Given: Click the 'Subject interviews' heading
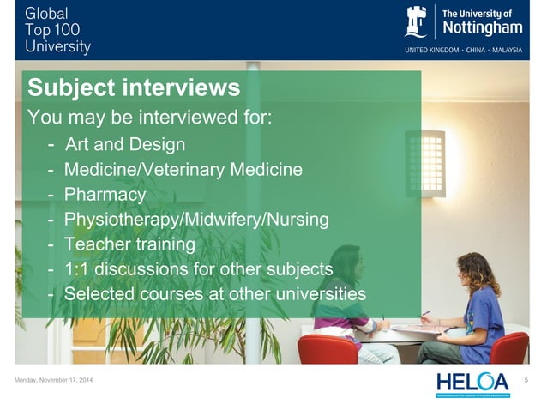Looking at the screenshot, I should pos(133,88).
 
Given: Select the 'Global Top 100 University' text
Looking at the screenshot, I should pos(59,30).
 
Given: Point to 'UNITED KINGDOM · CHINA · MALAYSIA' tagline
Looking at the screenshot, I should pos(474,50).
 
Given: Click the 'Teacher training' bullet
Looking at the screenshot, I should pos(129,244).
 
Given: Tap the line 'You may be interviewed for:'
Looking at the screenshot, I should pos(151,117).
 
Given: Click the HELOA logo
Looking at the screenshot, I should pos(472,383).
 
